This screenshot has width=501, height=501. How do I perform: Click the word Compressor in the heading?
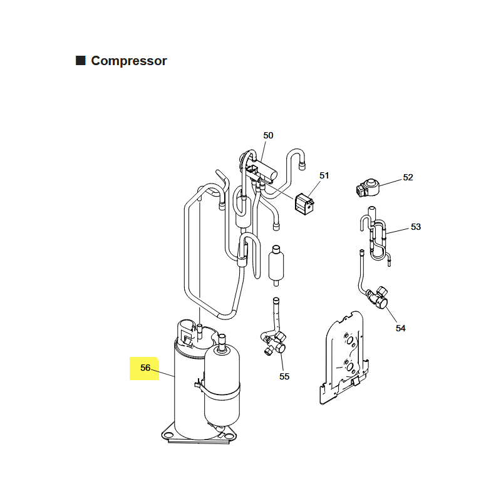coord(129,61)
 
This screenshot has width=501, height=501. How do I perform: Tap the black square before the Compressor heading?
coord(81,60)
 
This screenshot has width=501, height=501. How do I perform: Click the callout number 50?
coord(268,135)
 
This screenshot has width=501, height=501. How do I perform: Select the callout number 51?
coord(324,175)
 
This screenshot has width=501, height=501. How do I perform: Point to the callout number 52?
coord(408,177)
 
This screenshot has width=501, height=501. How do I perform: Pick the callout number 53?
coord(415,227)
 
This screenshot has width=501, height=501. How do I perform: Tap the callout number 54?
coord(400,328)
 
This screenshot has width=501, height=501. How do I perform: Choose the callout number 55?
coord(284,376)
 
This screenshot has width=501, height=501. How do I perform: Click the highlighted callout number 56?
coord(145,368)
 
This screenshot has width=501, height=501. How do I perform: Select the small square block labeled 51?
coord(304,204)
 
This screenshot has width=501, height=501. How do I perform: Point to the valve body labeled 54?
coord(379,298)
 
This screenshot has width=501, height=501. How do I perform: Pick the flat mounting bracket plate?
coord(343,358)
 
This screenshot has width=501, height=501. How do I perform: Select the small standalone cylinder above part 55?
coord(276,266)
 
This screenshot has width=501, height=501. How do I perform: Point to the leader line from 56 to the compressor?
coord(163,373)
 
